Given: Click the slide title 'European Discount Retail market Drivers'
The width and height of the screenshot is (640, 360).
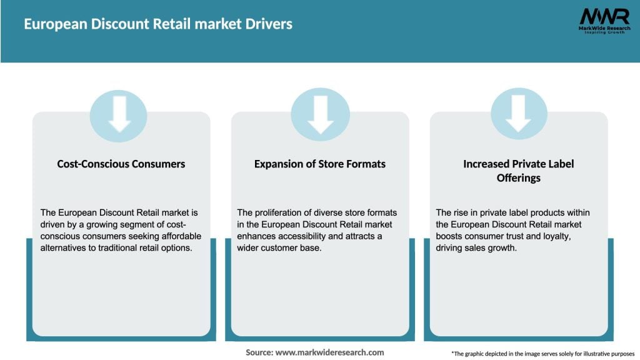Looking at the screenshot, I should (x=158, y=24).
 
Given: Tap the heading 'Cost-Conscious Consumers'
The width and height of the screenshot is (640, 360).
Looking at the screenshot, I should (x=121, y=164).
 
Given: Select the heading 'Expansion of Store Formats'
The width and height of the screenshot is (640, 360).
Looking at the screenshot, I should (x=320, y=164).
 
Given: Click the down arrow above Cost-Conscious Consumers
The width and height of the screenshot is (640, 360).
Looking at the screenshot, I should (x=119, y=114).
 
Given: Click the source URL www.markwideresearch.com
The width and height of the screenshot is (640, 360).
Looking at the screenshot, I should (x=329, y=352).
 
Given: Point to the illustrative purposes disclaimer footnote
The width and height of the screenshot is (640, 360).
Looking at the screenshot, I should (x=542, y=353).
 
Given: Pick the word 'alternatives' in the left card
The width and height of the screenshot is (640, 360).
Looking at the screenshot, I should (x=62, y=247).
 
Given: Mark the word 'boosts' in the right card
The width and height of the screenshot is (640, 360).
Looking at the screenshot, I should (x=450, y=236).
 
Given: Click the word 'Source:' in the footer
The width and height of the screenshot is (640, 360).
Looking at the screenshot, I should (x=259, y=352).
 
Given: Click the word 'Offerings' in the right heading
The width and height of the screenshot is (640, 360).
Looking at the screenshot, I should (x=518, y=177).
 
